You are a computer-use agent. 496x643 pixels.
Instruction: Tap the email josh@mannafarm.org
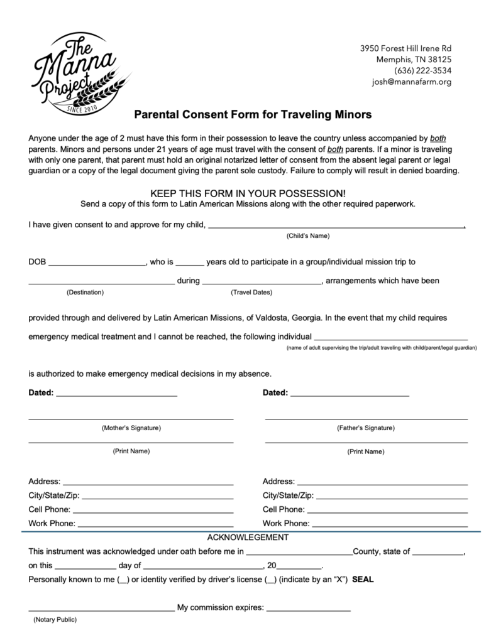[411, 82]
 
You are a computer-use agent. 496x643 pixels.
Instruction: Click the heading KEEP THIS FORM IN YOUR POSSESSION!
[248, 194]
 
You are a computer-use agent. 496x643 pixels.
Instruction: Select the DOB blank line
[96, 264]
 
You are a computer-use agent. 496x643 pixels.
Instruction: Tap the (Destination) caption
[85, 293]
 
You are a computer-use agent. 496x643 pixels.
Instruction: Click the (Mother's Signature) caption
[131, 428]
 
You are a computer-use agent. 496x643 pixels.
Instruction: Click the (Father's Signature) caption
[366, 428]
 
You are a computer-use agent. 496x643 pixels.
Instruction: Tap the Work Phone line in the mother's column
[155, 524]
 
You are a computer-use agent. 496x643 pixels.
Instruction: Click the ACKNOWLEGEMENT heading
[248, 538]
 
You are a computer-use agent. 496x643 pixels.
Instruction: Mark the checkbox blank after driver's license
[270, 580]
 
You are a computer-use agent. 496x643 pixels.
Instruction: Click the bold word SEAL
[363, 579]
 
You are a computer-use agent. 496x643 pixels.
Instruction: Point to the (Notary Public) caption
[55, 620]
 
